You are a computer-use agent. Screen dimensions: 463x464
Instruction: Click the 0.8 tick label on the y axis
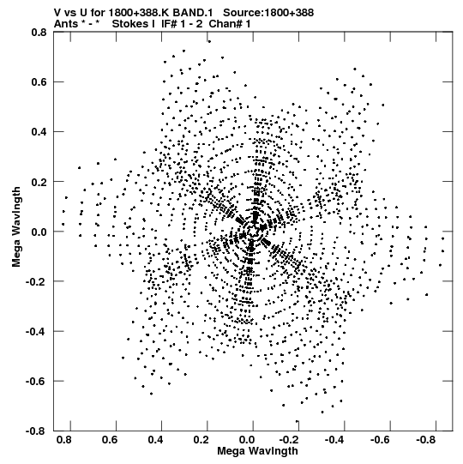coord(39,32)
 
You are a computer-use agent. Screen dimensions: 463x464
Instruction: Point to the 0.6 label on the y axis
coord(39,81)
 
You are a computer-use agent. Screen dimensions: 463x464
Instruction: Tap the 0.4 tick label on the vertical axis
coord(39,132)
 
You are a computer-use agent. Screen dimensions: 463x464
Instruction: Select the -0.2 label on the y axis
coord(36,281)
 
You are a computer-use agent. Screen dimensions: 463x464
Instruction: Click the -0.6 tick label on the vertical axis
coord(36,381)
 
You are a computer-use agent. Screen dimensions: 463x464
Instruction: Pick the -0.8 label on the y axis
coord(36,431)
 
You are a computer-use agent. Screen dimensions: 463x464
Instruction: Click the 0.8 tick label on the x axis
coord(64,440)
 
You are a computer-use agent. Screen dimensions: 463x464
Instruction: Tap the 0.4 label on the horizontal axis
coord(155,440)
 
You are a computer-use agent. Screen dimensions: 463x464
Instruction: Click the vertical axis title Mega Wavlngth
coord(16,226)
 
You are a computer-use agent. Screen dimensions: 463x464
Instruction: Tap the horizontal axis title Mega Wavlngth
coord(258,451)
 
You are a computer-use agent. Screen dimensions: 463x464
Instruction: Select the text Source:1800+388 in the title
coord(268,13)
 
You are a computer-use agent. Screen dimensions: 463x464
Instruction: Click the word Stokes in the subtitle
coord(134,24)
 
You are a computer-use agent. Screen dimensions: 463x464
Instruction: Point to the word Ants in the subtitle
coord(67,24)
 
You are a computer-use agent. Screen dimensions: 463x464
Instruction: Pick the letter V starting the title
coord(57,13)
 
